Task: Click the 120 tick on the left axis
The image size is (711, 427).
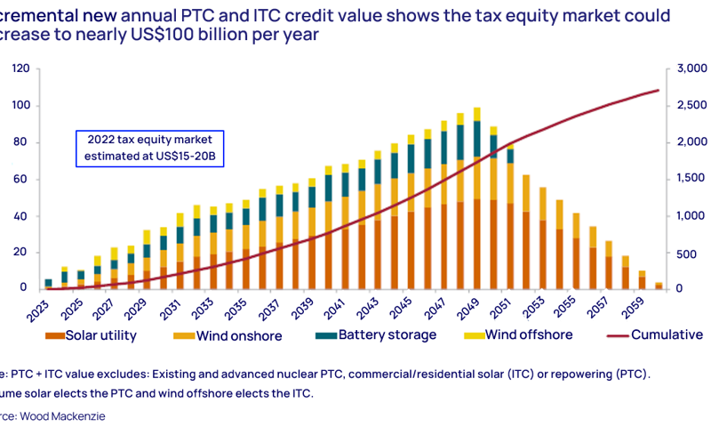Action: pos(20,68)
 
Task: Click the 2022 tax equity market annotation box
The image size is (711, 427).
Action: pos(149,147)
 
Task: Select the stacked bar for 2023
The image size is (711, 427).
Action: pos(48,284)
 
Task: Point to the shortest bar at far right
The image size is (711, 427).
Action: pos(659,286)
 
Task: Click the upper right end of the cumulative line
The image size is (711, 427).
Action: pos(658,90)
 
